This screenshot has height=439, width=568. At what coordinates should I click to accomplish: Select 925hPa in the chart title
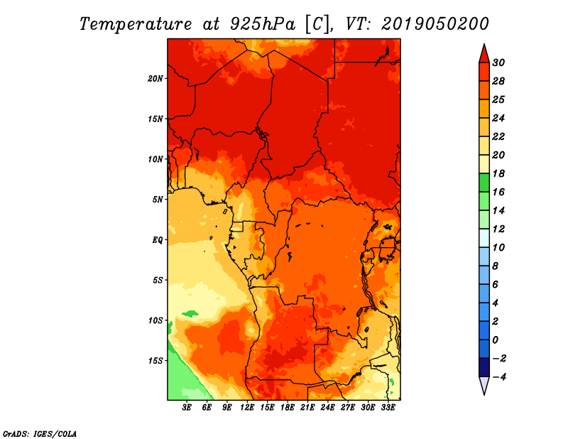257,23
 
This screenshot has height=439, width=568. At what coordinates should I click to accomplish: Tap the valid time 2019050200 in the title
435,23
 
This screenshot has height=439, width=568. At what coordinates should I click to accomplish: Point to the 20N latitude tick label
155,78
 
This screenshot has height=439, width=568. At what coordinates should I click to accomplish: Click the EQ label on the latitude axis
158,239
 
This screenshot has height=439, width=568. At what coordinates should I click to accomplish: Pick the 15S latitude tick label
155,360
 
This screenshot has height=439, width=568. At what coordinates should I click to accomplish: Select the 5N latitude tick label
158,199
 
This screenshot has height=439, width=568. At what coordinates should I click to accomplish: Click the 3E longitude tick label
187,408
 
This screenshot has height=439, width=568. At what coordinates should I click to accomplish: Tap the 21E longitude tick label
307,408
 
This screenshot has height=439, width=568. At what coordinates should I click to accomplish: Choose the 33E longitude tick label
388,408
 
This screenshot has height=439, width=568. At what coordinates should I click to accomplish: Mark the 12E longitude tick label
247,408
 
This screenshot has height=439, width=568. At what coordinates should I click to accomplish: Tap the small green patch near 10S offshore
190,313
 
